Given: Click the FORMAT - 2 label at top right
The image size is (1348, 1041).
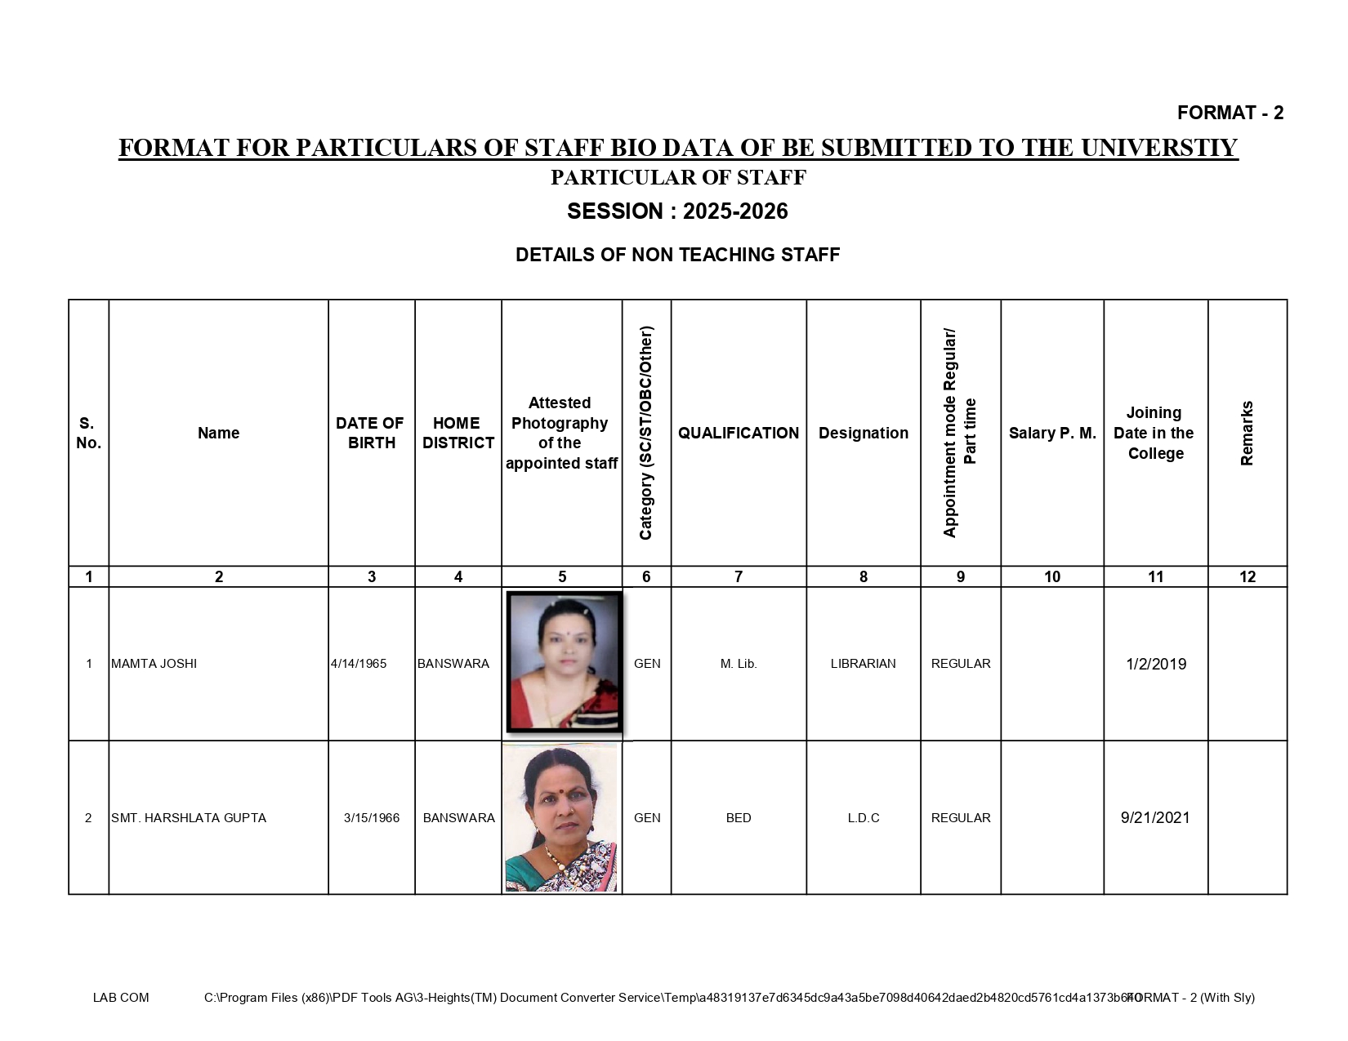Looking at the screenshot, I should click(1230, 113).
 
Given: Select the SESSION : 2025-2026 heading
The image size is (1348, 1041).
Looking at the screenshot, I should click(677, 211).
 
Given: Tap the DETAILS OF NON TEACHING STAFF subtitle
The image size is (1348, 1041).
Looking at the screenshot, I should click(677, 255).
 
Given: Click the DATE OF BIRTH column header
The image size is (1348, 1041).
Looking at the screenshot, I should click(371, 433).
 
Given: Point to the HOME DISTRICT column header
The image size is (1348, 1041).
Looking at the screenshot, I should click(458, 433).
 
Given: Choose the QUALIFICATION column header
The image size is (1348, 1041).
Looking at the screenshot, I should click(739, 433).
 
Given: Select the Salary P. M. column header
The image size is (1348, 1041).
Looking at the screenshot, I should click(1052, 433).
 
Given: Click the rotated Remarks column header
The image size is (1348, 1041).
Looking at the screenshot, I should click(1247, 433).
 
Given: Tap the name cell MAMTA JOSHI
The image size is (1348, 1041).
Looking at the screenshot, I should click(154, 664).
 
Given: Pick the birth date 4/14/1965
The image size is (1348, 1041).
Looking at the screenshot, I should click(359, 664).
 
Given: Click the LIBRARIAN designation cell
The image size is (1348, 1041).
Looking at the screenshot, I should click(863, 664).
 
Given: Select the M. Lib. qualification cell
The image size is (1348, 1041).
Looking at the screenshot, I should click(739, 664).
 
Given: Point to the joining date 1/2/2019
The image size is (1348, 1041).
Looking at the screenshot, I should click(1156, 664).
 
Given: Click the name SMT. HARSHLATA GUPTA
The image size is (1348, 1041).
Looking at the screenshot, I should click(189, 818).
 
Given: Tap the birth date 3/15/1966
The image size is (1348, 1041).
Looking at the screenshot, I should click(372, 818).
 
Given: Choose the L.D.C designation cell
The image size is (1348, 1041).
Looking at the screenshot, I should click(864, 818).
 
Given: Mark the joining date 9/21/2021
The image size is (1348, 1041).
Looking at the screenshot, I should click(1155, 818).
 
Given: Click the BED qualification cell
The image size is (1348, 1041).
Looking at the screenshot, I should click(739, 818).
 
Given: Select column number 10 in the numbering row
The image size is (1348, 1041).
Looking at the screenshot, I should click(1052, 577).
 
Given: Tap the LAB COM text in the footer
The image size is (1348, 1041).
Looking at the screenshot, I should click(121, 998).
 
